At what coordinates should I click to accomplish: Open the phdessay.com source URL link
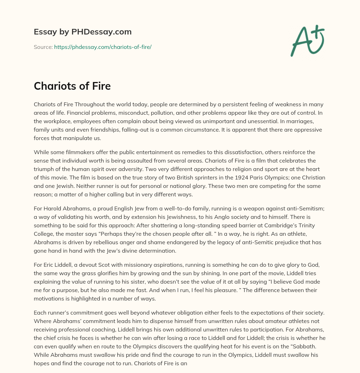click(103, 47)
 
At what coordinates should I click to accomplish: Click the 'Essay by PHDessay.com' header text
click(83, 32)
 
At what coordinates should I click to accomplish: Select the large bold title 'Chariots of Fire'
click(72, 86)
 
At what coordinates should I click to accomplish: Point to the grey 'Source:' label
click(43, 47)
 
